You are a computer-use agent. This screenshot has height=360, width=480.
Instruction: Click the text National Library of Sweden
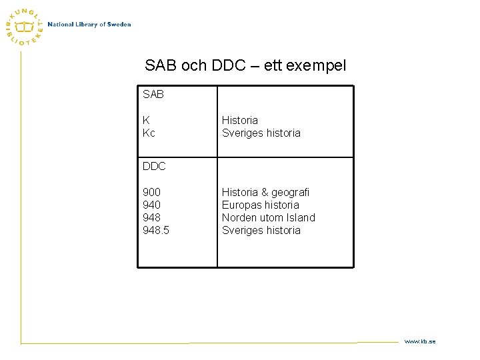[x=89, y=25]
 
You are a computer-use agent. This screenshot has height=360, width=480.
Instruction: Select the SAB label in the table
[x=153, y=95]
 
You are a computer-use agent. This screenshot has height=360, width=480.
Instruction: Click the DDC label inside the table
[x=154, y=166]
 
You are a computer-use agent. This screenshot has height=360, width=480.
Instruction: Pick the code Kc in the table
[x=149, y=133]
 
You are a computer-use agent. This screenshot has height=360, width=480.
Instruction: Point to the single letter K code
[x=146, y=120]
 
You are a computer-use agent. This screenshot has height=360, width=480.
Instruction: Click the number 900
[x=151, y=192]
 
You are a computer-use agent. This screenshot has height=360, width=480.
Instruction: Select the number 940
[x=151, y=205]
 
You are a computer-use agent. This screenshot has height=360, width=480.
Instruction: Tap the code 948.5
[x=156, y=230]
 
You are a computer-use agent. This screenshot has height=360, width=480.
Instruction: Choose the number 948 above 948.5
[x=151, y=217]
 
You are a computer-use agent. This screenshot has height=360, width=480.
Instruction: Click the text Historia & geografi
[x=265, y=192]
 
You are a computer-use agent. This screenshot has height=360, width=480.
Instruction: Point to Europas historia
[x=260, y=205]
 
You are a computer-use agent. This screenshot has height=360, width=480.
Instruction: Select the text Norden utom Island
[x=268, y=217]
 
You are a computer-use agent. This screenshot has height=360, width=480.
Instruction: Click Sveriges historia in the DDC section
[x=261, y=230]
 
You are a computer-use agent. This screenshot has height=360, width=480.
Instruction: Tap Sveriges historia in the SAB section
[x=261, y=133]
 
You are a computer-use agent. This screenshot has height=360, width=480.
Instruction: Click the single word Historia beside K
[x=239, y=120]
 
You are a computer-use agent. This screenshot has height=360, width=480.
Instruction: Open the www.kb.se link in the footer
[x=419, y=341]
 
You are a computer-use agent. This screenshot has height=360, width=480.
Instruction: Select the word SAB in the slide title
[x=160, y=65]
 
